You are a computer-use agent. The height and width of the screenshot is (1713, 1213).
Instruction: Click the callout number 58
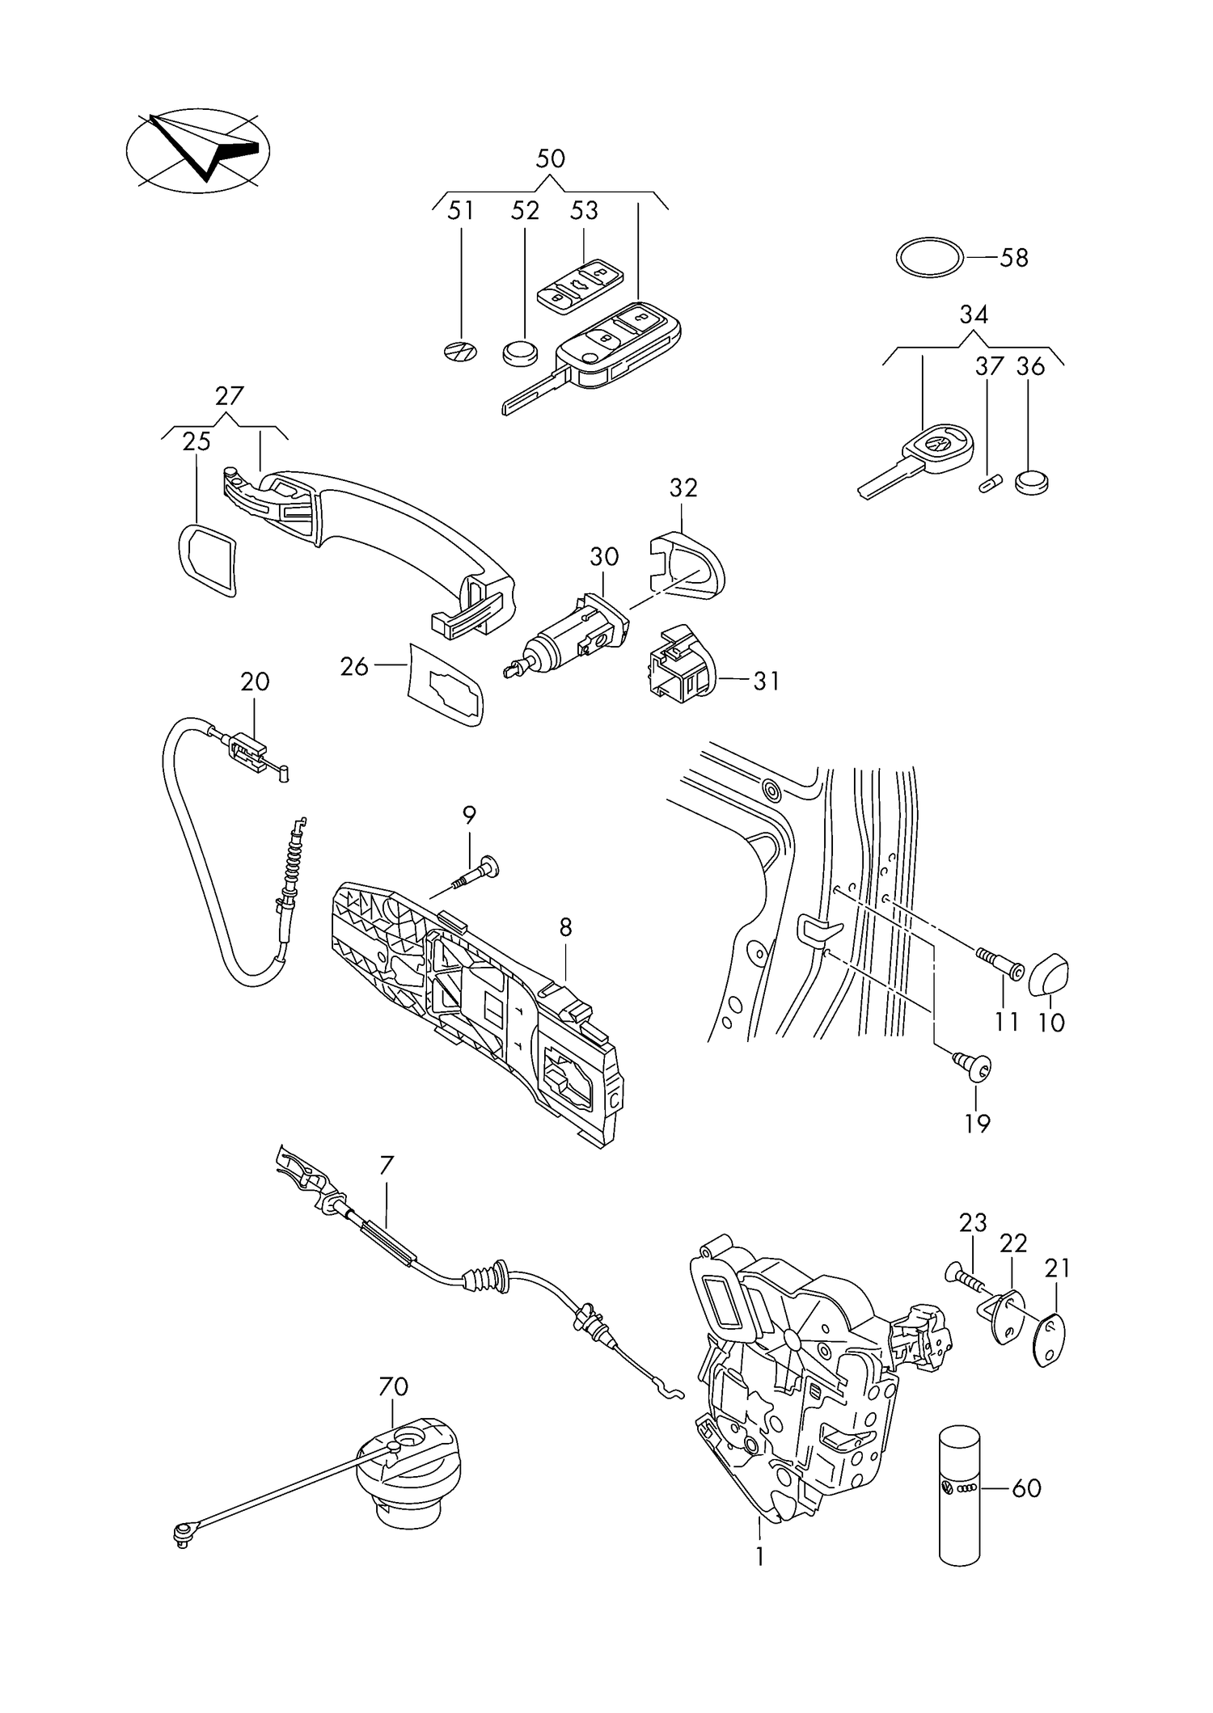(1014, 259)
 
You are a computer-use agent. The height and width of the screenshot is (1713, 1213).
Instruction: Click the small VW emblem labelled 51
(461, 352)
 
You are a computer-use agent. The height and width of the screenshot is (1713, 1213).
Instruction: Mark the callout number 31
(766, 681)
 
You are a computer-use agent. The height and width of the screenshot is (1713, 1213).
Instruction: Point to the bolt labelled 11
(1004, 964)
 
